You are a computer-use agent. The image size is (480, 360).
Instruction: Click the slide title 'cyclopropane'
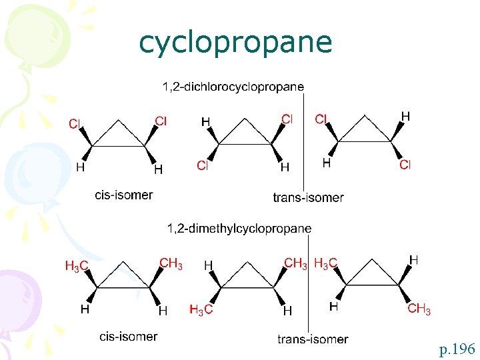pyautogui.click(x=235, y=43)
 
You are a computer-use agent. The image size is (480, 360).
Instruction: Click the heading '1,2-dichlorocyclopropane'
pyautogui.click(x=233, y=87)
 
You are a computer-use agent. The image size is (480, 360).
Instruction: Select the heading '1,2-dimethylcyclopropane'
pyautogui.click(x=239, y=229)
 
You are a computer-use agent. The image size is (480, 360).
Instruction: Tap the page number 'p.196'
pyautogui.click(x=457, y=348)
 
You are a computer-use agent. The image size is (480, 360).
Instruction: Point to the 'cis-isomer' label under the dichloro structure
pyautogui.click(x=124, y=195)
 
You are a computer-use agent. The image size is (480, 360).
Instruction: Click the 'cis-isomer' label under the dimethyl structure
pyautogui.click(x=129, y=337)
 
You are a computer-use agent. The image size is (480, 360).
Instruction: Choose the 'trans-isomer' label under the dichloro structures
pyautogui.click(x=308, y=197)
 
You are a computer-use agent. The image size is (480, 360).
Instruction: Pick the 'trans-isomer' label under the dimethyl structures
pyautogui.click(x=313, y=339)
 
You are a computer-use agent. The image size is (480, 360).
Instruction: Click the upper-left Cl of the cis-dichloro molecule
pyautogui.click(x=75, y=124)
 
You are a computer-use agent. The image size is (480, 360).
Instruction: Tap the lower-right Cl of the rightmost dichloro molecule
pyautogui.click(x=405, y=165)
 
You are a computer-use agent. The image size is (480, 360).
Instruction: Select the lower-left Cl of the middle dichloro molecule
pyautogui.click(x=203, y=165)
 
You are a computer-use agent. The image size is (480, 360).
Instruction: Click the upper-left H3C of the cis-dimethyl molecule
pyautogui.click(x=77, y=267)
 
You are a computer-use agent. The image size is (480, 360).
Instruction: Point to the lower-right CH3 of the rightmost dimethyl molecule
pyautogui.click(x=419, y=309)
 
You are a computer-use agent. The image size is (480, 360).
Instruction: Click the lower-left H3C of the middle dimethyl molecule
pyautogui.click(x=201, y=309)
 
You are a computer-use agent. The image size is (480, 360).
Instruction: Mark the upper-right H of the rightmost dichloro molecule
pyautogui.click(x=405, y=117)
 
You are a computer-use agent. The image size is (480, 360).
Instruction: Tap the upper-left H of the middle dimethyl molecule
pyautogui.click(x=208, y=265)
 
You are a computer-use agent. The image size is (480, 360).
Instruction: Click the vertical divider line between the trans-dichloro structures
pyautogui.click(x=304, y=143)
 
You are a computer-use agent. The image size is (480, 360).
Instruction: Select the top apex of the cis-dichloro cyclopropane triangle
pyautogui.click(x=119, y=121)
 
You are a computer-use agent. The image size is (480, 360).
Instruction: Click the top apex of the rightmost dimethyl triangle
pyautogui.click(x=372, y=261)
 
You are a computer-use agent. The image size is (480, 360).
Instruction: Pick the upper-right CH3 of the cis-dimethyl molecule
pyautogui.click(x=171, y=263)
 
